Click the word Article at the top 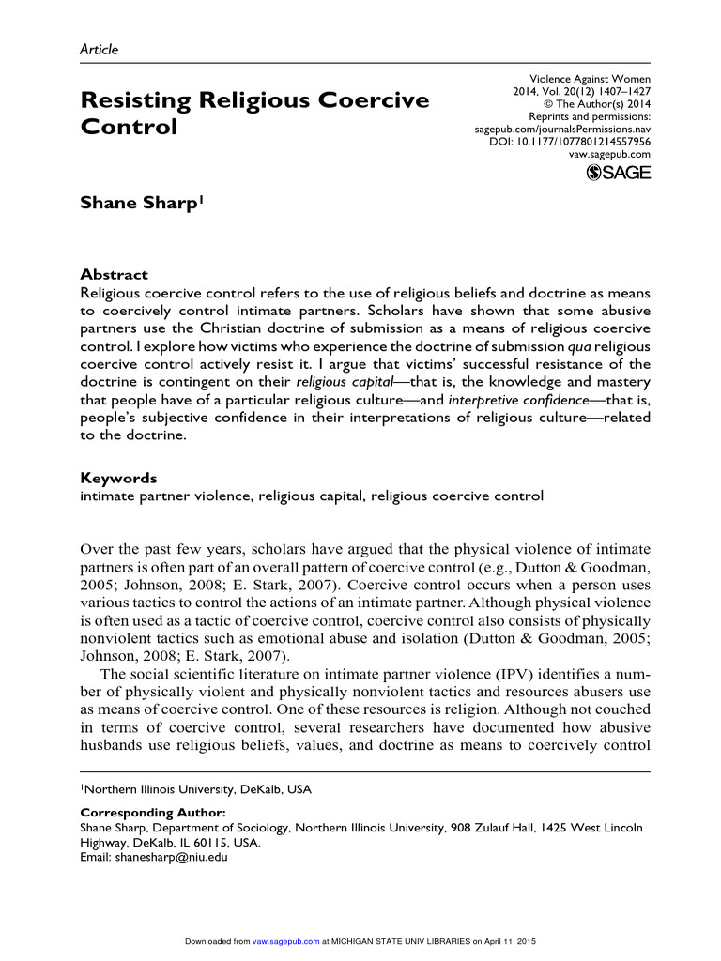(x=99, y=50)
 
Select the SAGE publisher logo (x=618, y=172)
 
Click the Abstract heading (x=114, y=275)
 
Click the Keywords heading (x=118, y=478)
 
